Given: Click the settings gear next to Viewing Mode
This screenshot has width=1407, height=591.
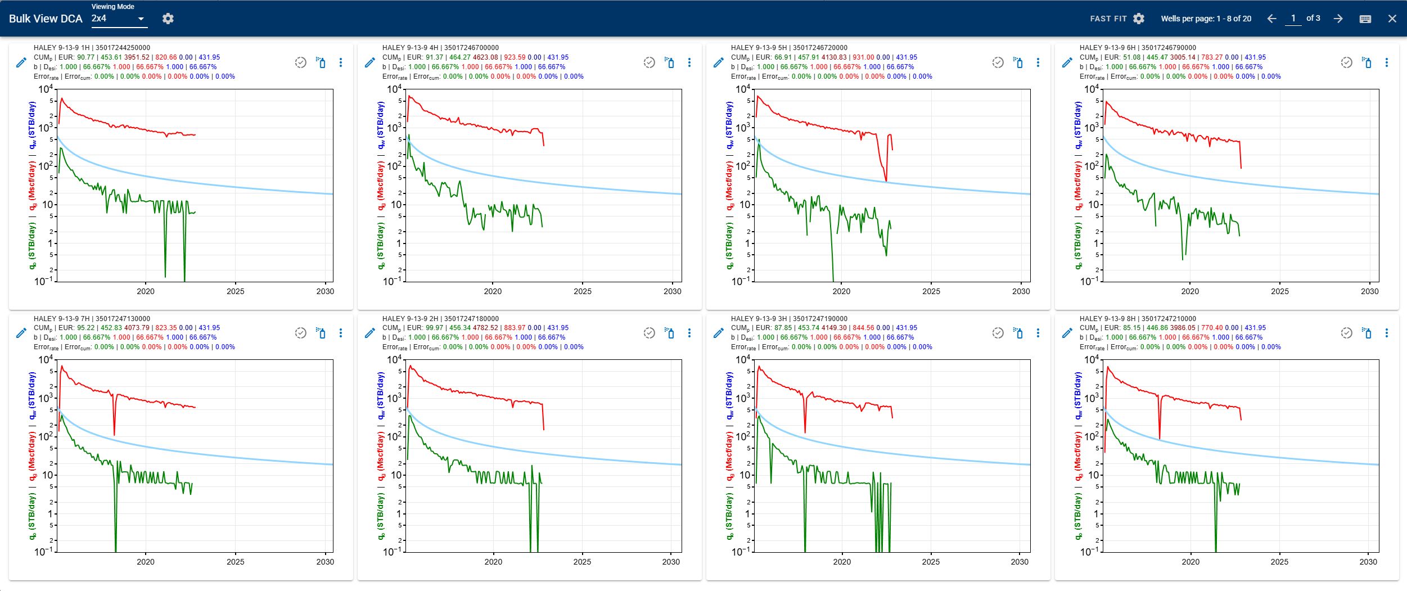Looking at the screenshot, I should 168,19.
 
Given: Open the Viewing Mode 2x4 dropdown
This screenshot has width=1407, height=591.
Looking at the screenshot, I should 119,19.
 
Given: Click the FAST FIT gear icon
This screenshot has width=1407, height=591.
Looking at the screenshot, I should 1139,19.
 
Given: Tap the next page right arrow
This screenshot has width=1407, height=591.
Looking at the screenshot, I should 1338,19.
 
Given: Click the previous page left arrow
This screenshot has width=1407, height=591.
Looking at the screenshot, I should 1271,19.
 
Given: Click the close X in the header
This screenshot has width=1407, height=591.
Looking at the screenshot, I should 1392,19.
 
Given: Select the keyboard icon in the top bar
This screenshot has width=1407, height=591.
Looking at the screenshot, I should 1365,19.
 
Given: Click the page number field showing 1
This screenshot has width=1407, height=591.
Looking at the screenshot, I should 1293,19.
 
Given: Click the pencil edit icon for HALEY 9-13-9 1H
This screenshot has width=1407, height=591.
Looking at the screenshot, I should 21,62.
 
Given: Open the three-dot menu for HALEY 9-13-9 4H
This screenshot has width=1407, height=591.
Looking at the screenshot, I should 689,62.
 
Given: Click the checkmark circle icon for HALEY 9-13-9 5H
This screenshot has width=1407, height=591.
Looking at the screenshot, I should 998,62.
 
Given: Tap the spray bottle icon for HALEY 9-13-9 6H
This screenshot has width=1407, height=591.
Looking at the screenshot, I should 1367,62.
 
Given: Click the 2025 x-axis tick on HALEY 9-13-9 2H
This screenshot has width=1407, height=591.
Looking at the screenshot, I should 582,562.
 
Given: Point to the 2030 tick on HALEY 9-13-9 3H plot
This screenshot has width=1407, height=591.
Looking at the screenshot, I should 1020,562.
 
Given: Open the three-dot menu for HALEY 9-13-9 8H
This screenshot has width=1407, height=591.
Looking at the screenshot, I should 1387,333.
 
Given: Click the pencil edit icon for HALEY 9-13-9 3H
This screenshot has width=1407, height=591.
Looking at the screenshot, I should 718,333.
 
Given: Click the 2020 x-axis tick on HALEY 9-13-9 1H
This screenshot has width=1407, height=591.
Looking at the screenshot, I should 145,291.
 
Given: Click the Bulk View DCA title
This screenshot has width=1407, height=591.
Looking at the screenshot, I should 46,19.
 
